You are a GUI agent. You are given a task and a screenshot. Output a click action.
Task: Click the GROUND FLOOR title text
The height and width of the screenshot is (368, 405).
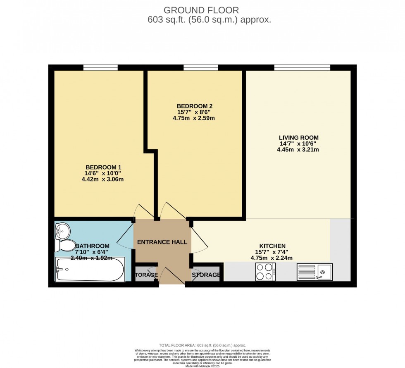201,10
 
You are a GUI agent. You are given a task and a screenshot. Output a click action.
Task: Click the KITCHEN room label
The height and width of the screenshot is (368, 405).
272,246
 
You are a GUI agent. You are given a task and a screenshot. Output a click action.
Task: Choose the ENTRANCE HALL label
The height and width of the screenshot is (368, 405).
162,242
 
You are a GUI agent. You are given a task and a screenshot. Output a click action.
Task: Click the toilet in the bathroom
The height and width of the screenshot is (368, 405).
66,246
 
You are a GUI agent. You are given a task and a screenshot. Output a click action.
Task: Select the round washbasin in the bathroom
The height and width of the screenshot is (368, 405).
63,229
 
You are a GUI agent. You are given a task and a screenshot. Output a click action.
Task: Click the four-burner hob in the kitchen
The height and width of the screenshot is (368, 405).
265,272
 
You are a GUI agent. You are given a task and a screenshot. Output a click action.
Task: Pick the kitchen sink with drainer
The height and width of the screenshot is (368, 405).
314,272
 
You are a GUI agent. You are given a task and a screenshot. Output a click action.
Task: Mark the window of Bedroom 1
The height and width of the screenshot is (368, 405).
100,67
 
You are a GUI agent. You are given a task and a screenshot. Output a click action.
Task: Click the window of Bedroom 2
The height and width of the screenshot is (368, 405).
200,67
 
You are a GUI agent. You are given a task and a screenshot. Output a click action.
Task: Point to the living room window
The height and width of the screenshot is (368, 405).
302,67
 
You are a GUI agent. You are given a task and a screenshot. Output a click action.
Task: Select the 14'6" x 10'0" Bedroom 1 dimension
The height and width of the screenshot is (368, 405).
103,173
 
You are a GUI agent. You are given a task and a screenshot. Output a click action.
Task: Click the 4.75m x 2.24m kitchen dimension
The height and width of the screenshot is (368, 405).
272,258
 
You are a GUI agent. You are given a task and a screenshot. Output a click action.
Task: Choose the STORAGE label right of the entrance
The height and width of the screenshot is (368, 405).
206,275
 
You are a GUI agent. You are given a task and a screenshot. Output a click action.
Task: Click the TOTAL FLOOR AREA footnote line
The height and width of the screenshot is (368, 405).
202,345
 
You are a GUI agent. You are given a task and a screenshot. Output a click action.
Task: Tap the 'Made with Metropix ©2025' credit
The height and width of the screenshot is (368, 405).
202,366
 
